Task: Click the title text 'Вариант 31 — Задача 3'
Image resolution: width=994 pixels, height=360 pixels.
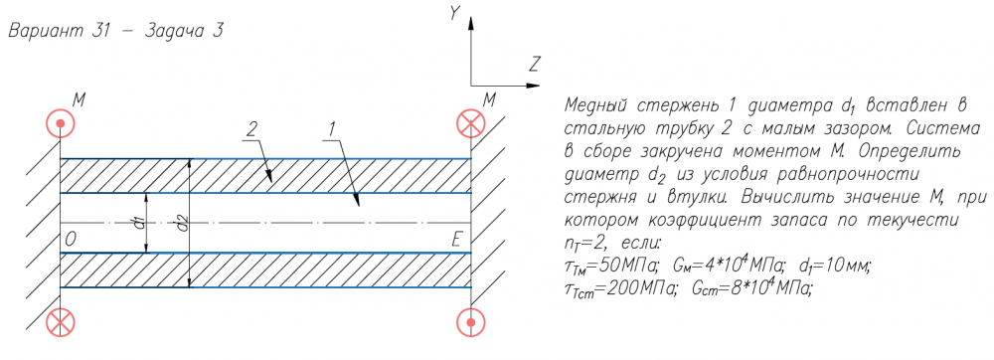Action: tap(115, 33)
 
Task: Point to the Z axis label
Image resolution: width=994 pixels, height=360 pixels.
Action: tap(535, 64)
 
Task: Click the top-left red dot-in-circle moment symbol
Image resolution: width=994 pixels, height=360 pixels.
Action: tap(61, 122)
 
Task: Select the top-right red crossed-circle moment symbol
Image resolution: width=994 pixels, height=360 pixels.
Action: tap(470, 122)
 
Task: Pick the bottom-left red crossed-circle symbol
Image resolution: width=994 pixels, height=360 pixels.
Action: tap(61, 322)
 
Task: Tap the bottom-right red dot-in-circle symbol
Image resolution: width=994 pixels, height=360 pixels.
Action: tap(470, 322)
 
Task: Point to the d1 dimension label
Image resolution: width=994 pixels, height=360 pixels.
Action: tap(141, 223)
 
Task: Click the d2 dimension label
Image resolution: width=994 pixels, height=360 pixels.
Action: tap(183, 223)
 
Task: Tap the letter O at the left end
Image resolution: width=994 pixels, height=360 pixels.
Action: tap(71, 239)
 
